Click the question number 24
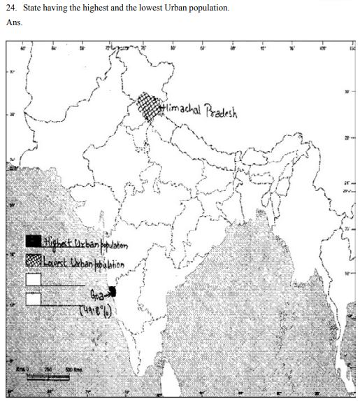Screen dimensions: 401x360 11,8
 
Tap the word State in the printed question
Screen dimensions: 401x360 34,8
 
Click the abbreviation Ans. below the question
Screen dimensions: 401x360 13,22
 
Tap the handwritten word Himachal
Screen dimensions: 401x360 182,111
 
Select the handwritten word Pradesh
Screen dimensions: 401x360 222,113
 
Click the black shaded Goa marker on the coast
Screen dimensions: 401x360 113,293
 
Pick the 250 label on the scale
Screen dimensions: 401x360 49,369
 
